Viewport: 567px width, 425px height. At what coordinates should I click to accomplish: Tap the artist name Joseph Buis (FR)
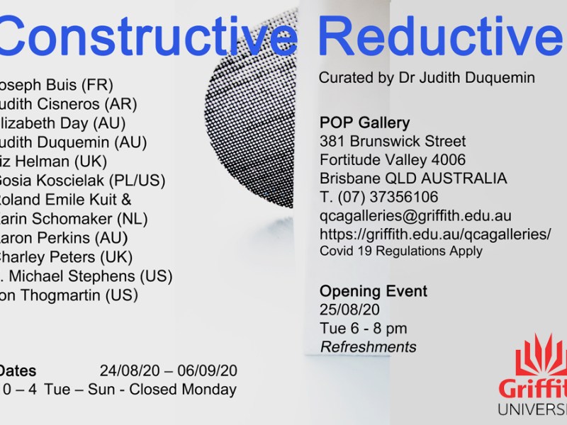tap(57, 84)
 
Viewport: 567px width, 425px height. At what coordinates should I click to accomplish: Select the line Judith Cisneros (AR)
tap(67, 103)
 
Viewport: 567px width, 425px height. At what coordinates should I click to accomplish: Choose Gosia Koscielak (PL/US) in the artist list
tap(82, 180)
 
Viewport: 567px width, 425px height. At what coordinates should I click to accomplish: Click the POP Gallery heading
tap(364, 122)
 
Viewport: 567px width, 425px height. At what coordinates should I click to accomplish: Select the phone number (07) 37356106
tap(387, 197)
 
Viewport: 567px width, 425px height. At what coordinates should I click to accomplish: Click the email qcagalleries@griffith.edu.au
tap(415, 215)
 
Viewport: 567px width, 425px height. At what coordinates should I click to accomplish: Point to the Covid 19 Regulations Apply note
tap(401, 251)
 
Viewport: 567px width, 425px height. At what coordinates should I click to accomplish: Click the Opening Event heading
tap(373, 291)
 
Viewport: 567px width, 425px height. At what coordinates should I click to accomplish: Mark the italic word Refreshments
tap(368, 347)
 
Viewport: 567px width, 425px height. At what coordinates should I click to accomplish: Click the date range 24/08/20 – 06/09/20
tap(168, 370)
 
